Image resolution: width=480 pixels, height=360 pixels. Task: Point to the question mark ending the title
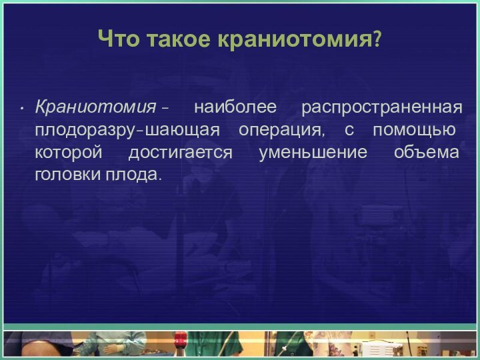[x=377, y=41]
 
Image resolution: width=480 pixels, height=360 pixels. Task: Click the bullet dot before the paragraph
[x=23, y=108]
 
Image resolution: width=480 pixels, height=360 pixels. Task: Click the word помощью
[x=415, y=130]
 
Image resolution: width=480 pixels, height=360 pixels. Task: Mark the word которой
[x=69, y=153]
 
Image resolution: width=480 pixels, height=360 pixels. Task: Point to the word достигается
[x=180, y=153]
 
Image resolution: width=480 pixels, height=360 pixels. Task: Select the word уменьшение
[x=313, y=153]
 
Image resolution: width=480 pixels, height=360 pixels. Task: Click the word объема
[x=426, y=153]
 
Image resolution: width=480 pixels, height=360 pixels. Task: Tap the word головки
[x=65, y=176]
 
